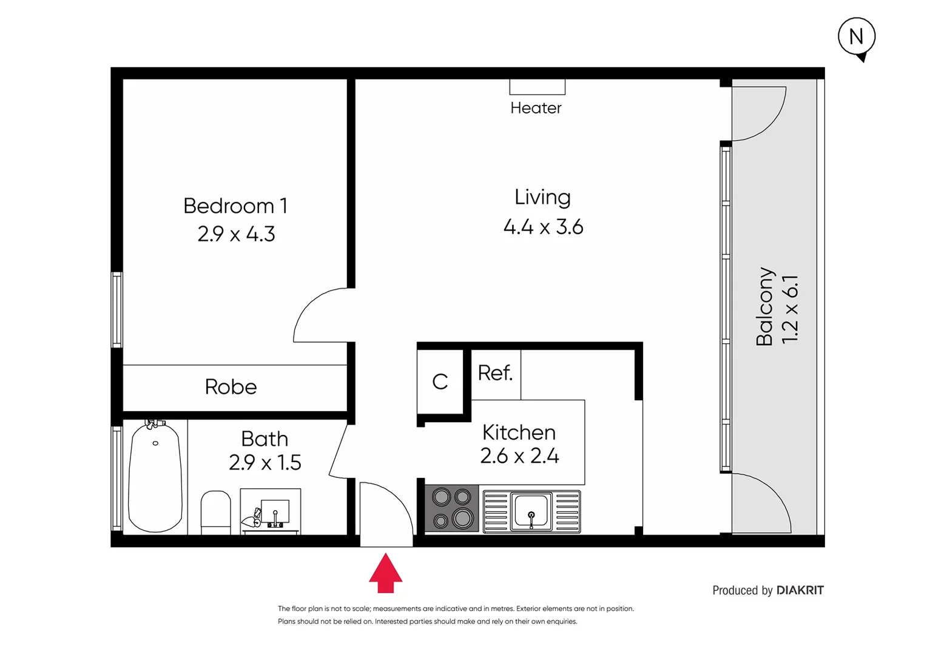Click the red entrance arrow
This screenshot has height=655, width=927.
pos(386,574)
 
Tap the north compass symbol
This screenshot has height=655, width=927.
pos(856,37)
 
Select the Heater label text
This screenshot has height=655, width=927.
pos(536,108)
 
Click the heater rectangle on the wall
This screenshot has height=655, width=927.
pos(537,87)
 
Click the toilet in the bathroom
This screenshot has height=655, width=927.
pos(215,512)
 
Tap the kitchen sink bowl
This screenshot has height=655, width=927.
pos(531,511)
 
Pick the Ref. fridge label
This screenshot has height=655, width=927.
pos(495,373)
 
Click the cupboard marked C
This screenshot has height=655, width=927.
pos(440,381)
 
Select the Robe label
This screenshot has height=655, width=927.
pos(231,387)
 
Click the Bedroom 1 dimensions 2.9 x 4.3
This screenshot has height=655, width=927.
pos(236,234)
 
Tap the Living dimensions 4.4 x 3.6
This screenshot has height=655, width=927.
pos(543,227)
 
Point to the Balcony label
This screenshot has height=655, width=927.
pos(764,306)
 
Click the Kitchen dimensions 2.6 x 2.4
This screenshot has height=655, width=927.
pos(519,456)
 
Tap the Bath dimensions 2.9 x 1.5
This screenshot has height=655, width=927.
pos(265,463)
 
